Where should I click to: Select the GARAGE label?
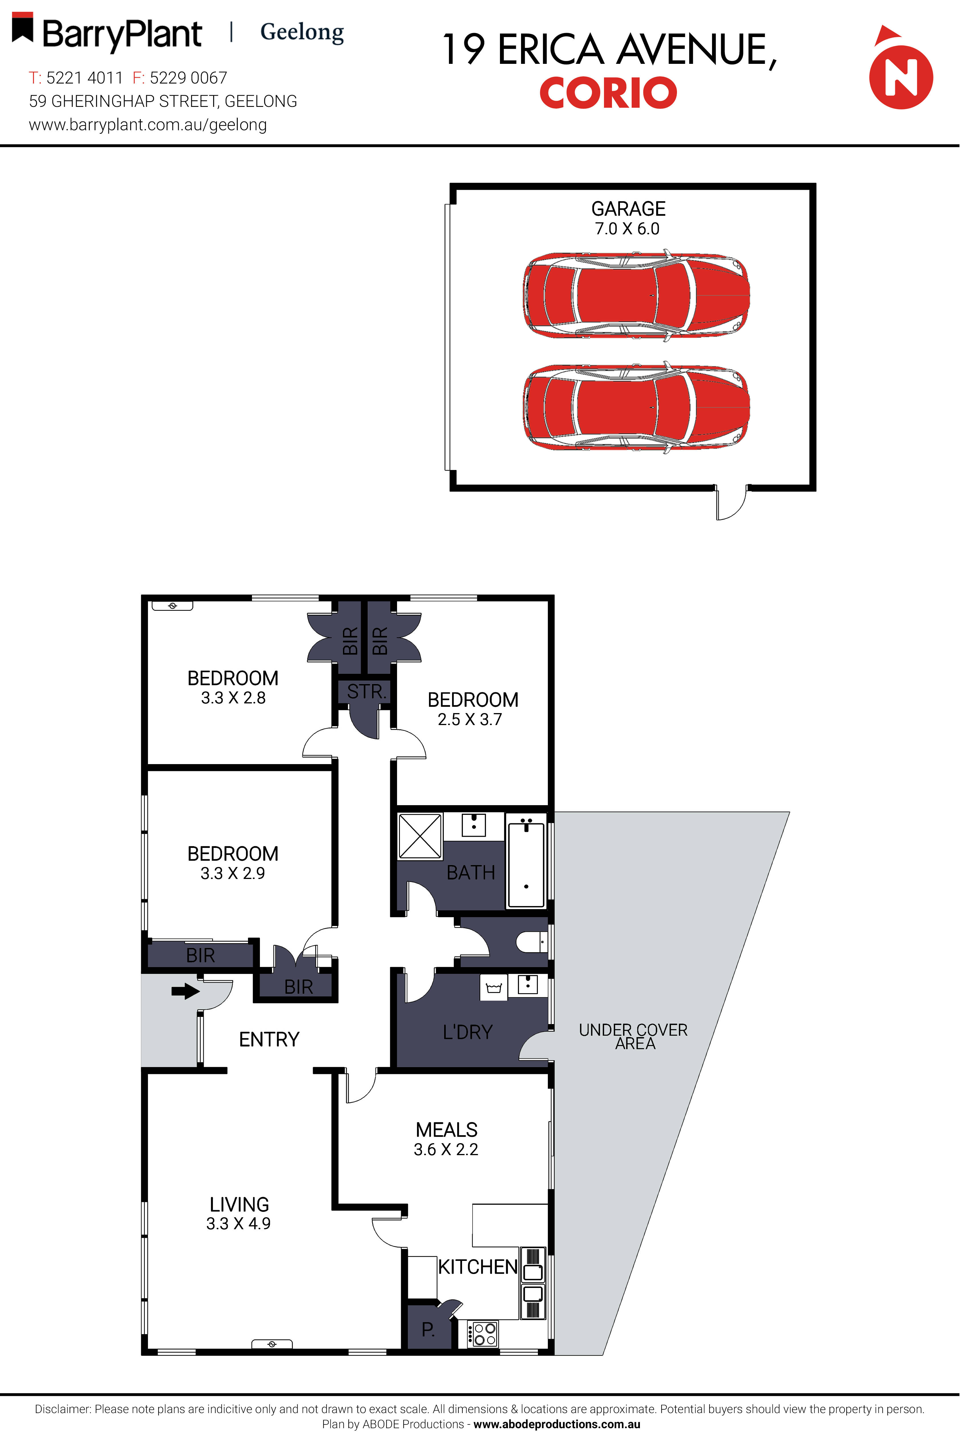coord(628,209)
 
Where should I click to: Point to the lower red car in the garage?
coord(636,407)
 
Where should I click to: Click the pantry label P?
coord(428,1330)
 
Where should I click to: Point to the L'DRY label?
coord(468,1032)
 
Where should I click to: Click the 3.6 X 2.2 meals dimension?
coord(446,1149)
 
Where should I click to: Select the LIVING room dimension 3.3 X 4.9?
coord(238,1223)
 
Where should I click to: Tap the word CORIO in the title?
coord(608,93)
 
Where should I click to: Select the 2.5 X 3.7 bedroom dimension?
coord(469,719)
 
